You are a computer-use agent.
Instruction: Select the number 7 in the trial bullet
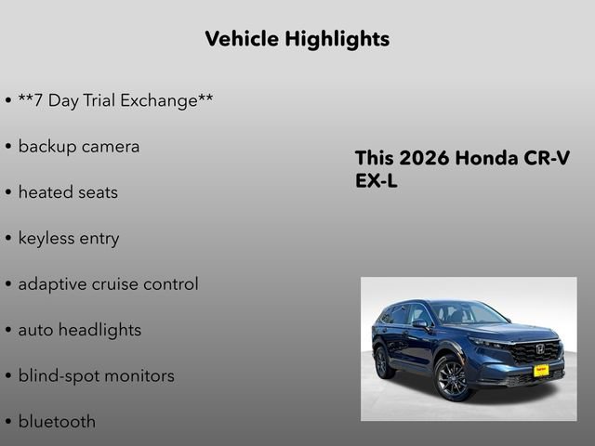[x=38, y=100]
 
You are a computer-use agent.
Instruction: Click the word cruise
[x=114, y=284]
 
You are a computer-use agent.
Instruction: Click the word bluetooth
[x=57, y=421]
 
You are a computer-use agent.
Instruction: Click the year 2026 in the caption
[x=423, y=158]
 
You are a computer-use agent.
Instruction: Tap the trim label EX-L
[x=377, y=181]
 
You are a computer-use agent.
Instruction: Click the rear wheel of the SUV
[x=381, y=361]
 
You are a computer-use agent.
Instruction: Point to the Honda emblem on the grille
[x=540, y=350]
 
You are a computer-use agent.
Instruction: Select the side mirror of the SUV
[x=419, y=325]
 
